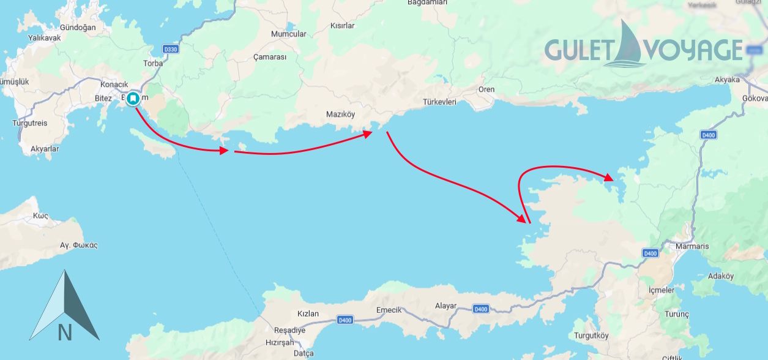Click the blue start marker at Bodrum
click(133, 98)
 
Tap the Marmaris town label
click(692, 246)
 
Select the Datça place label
click(304, 353)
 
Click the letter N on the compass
click(64, 332)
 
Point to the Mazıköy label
click(340, 114)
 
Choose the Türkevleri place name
click(439, 102)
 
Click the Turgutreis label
click(29, 123)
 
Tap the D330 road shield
click(170, 49)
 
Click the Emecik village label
click(389, 310)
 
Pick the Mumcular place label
click(288, 34)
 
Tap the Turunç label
click(676, 314)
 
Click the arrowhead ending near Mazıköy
click(368, 133)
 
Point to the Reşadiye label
click(289, 330)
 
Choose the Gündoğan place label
click(78, 28)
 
